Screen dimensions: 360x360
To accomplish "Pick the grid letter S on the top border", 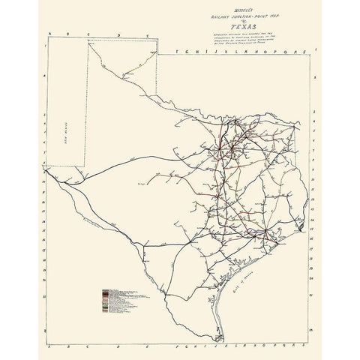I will [x=306, y=51].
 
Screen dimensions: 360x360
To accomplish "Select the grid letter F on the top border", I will [x=174, y=51].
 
